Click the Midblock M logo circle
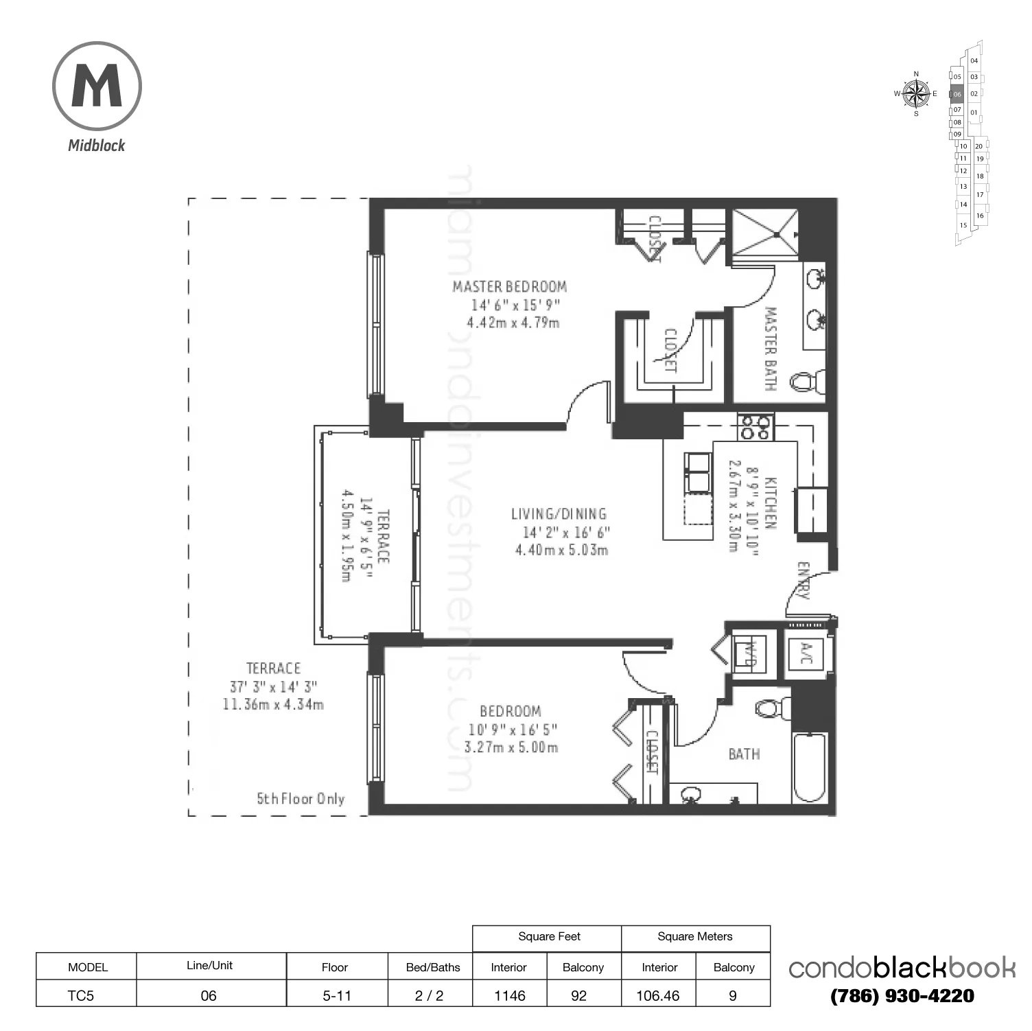coord(97,86)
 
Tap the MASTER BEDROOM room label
coord(509,287)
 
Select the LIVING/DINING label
coord(559,513)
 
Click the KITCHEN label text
coord(770,503)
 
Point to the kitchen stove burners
coord(755,428)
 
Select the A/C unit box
coord(804,653)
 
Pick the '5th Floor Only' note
coord(301,799)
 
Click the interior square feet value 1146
coord(509,995)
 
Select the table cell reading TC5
coord(81,995)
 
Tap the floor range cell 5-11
coord(336,995)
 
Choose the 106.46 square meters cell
coord(657,995)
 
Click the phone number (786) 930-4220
coord(902,996)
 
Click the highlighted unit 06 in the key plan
coord(957,94)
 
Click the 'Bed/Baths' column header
coord(432,967)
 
